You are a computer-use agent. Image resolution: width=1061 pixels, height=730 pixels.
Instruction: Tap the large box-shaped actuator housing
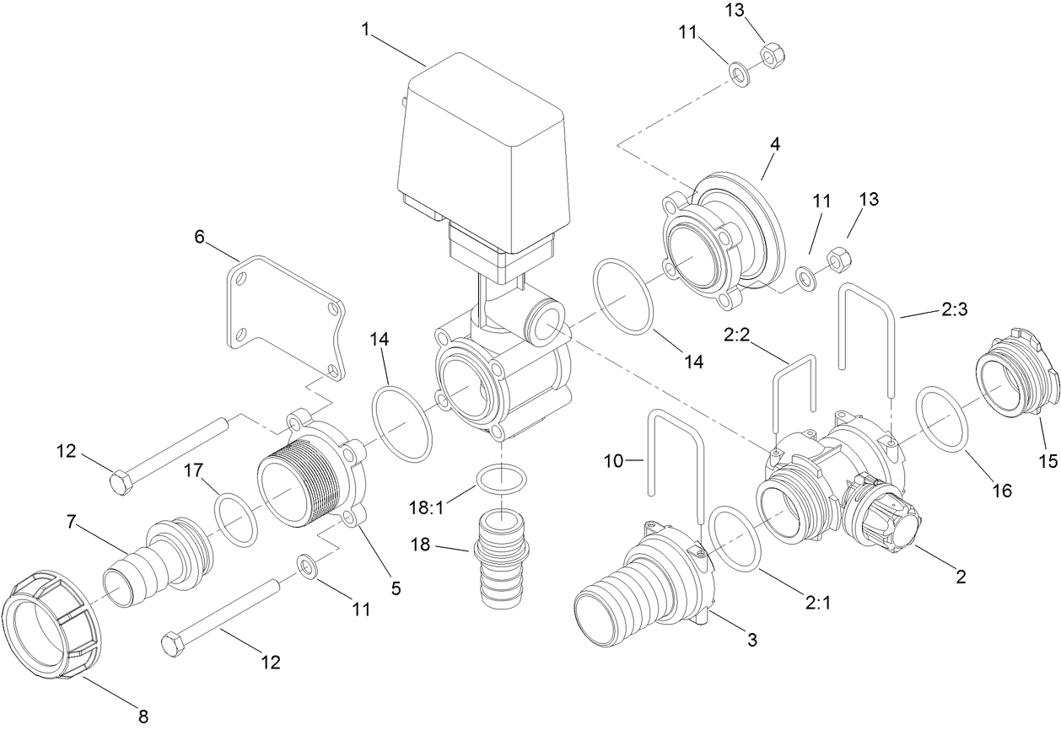point(481,152)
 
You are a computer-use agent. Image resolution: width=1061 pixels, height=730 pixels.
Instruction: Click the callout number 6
point(199,238)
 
